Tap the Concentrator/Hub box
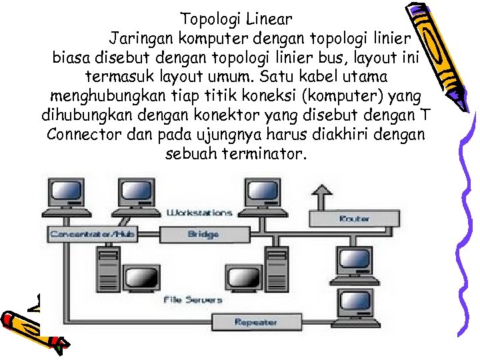83,234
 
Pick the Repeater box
255,322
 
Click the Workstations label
199,213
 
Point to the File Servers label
193,300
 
